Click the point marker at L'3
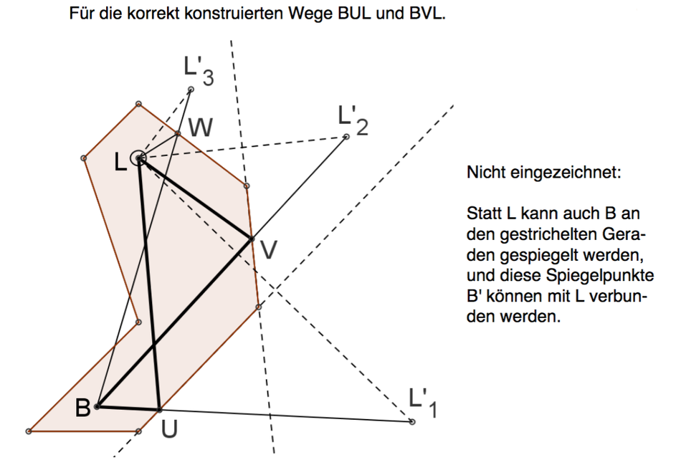(191, 90)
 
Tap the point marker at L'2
(346, 137)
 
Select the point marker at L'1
(412, 421)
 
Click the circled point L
(138, 158)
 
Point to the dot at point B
(97, 407)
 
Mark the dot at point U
(159, 410)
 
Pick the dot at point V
(252, 239)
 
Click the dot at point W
(178, 134)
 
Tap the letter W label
(201, 128)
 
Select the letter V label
(268, 249)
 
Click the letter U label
(169, 428)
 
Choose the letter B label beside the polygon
(82, 408)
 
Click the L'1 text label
(423, 403)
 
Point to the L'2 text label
(353, 120)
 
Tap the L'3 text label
(199, 71)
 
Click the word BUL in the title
(354, 14)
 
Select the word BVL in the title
(427, 14)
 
